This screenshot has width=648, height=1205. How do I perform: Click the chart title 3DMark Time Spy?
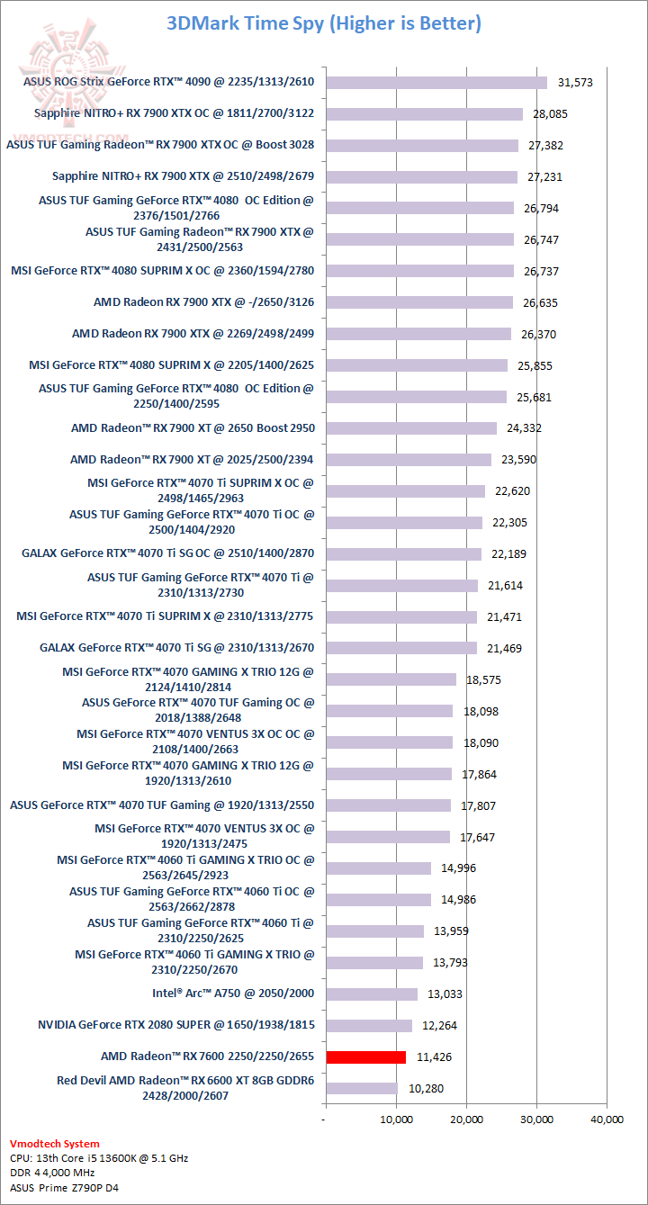pyautogui.click(x=323, y=23)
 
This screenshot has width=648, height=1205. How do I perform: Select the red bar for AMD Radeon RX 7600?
pyautogui.click(x=365, y=1057)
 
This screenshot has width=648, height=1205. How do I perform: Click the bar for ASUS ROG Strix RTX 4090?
pyautogui.click(x=436, y=83)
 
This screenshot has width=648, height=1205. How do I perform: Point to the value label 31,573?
pyautogui.click(x=576, y=83)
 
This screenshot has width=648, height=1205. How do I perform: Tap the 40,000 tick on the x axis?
pyautogui.click(x=607, y=1120)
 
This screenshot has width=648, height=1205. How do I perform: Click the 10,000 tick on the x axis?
pyautogui.click(x=396, y=1120)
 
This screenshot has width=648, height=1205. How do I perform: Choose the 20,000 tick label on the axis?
pyautogui.click(x=466, y=1120)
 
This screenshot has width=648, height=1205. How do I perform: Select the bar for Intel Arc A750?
pyautogui.click(x=371, y=994)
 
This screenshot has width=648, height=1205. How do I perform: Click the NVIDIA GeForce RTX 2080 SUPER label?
pyautogui.click(x=176, y=1025)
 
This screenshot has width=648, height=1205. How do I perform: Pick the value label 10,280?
pyautogui.click(x=426, y=1089)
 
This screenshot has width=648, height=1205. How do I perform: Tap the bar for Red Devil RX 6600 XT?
pyautogui.click(x=361, y=1089)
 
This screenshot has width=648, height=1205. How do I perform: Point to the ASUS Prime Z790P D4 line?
pyautogui.click(x=64, y=1188)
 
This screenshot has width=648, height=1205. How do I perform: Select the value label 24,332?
pyautogui.click(x=526, y=428)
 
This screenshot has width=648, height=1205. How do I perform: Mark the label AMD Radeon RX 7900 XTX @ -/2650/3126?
pyautogui.click(x=203, y=302)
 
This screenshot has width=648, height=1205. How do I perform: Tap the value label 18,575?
pyautogui.click(x=484, y=680)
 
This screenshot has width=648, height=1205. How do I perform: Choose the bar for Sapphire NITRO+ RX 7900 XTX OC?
pyautogui.click(x=424, y=114)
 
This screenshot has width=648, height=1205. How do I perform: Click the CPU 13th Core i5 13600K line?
pyautogui.click(x=99, y=1158)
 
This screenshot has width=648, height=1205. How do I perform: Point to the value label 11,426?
pyautogui.click(x=435, y=1057)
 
